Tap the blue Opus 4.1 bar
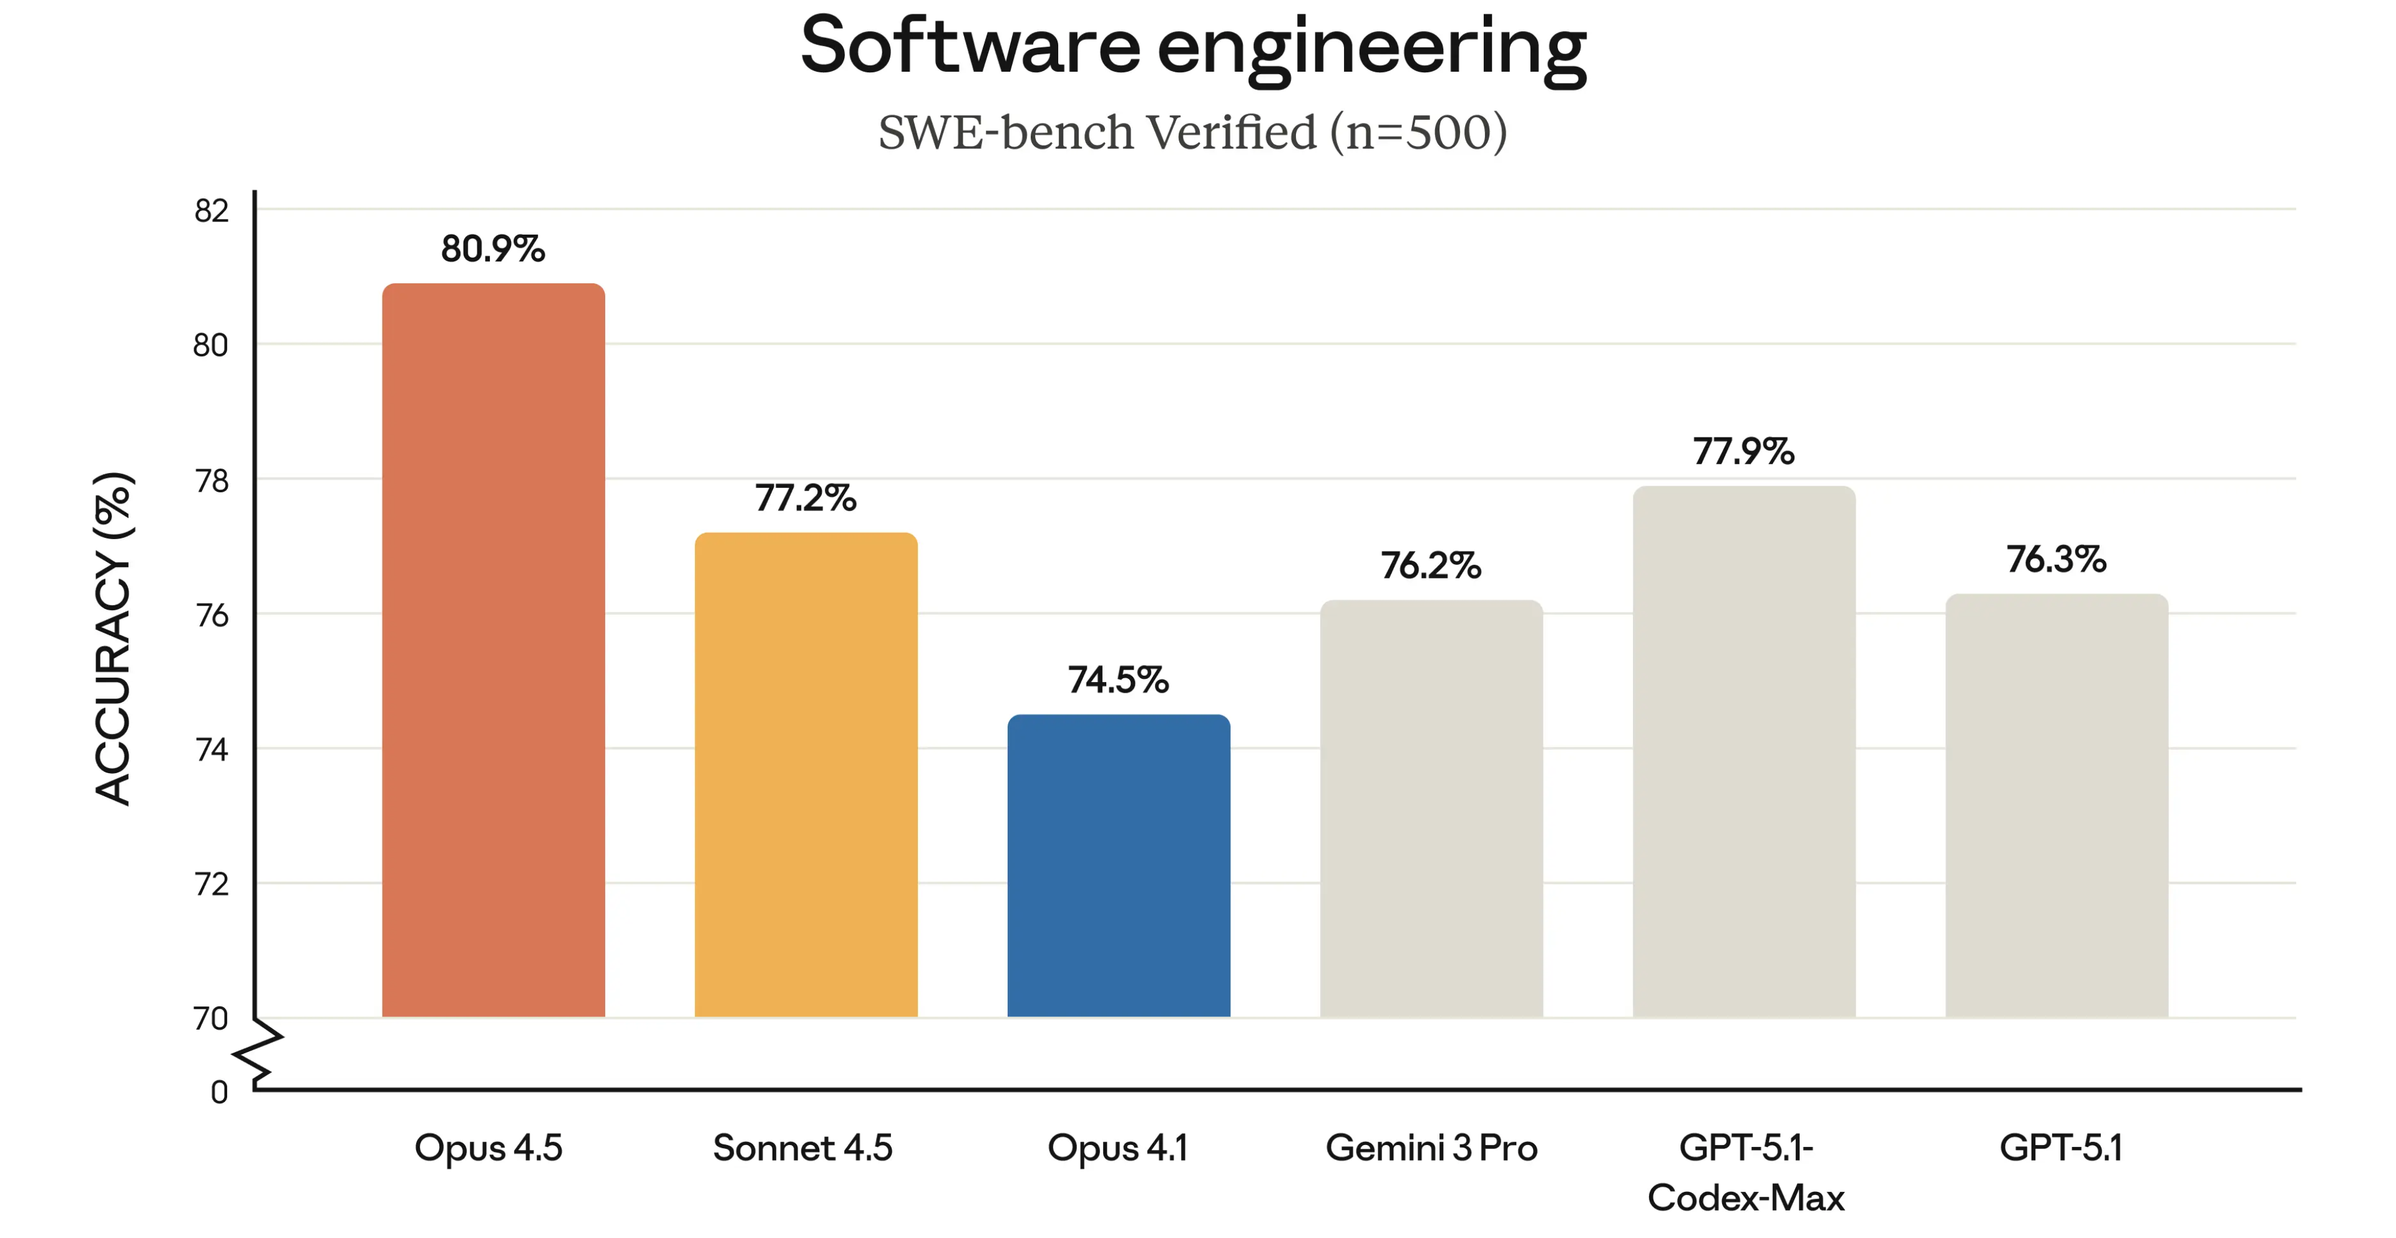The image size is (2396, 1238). (x=1118, y=865)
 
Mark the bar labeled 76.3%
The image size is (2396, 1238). (x=2055, y=804)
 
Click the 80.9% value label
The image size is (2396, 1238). (x=493, y=249)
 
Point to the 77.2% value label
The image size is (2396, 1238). (x=806, y=499)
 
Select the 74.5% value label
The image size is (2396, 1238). (x=1118, y=680)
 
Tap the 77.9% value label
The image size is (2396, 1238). (x=1743, y=451)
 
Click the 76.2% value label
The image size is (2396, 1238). (x=1431, y=565)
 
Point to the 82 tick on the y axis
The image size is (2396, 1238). (x=211, y=211)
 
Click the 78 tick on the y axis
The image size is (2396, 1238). (x=211, y=481)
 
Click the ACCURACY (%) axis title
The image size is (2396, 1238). (x=114, y=638)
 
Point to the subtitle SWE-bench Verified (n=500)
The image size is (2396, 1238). (x=1192, y=132)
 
